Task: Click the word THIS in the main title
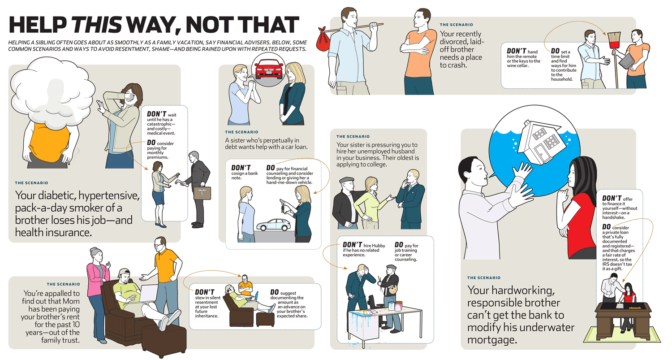(97, 25)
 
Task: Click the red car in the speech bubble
(269, 69)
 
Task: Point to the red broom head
(614, 40)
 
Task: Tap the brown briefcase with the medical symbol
(202, 193)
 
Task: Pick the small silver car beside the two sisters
(274, 225)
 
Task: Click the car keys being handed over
(283, 207)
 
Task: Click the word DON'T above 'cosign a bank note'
(241, 168)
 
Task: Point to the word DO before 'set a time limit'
(555, 51)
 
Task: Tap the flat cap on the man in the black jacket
(347, 180)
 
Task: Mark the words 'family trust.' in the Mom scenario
(60, 340)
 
